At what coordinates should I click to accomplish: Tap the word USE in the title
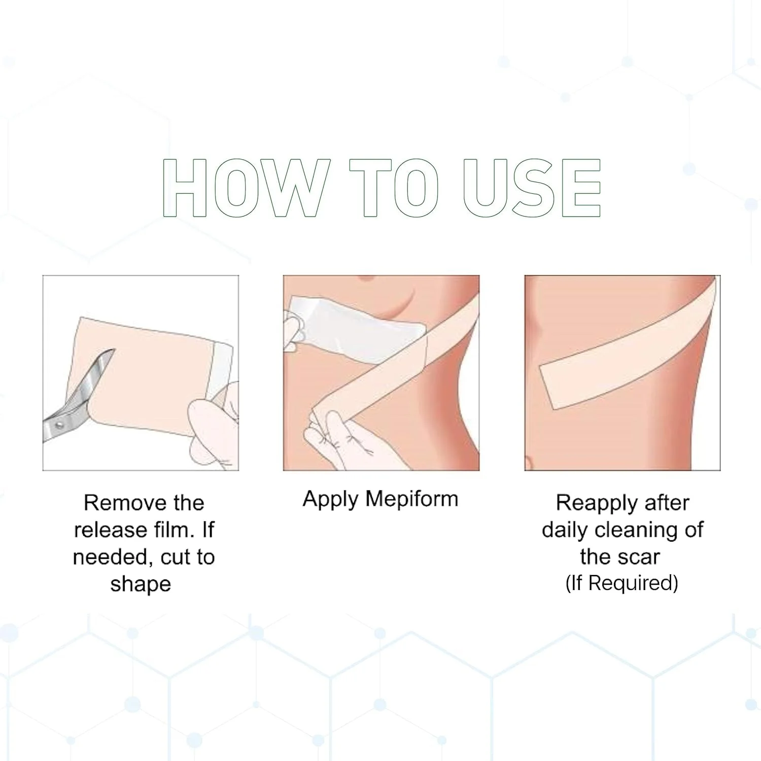(532, 188)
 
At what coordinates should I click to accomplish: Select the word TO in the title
(394, 188)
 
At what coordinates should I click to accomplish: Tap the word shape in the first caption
(141, 584)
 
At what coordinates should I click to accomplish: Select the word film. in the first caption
(174, 530)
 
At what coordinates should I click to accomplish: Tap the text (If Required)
(622, 583)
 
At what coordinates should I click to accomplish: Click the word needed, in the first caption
(105, 558)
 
